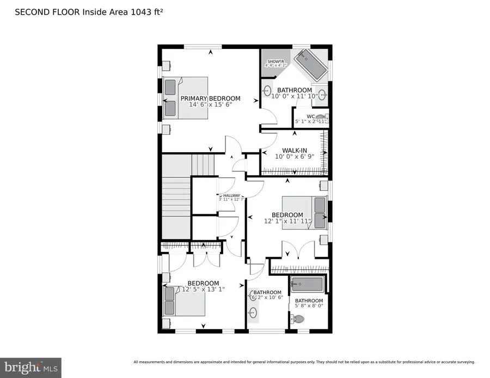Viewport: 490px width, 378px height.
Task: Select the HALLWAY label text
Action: (231, 195)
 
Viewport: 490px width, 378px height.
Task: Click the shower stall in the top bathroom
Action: (273, 60)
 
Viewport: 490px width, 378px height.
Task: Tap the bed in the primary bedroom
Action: (185, 98)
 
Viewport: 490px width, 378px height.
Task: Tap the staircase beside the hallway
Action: (176, 196)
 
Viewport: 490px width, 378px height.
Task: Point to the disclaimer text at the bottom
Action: (304, 362)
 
